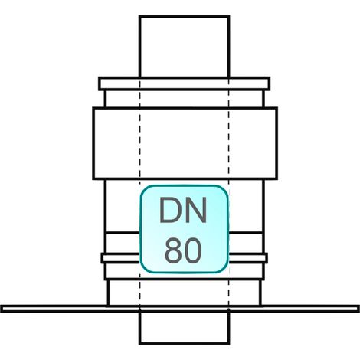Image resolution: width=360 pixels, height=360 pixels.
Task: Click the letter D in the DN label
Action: (169, 210)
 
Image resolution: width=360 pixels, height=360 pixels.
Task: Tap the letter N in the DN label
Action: (195, 210)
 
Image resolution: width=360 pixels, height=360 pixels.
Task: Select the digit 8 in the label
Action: (173, 250)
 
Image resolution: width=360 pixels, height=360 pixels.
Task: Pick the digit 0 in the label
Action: (193, 250)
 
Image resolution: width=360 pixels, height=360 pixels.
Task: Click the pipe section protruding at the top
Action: (185, 46)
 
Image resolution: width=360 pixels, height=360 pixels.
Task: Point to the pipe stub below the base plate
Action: (185, 328)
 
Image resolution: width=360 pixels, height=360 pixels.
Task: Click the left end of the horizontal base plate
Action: (2, 309)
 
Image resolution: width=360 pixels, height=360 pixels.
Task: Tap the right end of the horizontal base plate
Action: (358, 309)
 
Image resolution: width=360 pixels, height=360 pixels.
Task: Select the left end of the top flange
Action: (100, 83)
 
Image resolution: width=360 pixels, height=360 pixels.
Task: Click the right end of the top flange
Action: (270, 83)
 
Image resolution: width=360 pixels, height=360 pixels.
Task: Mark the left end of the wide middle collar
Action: (93, 143)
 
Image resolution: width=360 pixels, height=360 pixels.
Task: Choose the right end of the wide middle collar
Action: (277, 143)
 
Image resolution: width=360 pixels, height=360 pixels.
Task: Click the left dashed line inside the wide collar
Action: (140, 143)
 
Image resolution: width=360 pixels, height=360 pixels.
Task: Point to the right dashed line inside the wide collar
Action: (229, 143)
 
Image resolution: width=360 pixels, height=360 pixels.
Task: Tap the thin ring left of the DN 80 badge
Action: (120, 258)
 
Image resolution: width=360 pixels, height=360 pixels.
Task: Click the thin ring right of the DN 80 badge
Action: (248, 258)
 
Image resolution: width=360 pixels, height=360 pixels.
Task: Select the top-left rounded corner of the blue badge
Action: (143, 189)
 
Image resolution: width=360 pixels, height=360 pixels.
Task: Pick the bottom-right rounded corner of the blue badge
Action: (224, 270)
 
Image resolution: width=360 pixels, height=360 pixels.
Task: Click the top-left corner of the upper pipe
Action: (139, 16)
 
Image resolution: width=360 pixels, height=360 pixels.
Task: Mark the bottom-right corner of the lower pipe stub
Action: (230, 344)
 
